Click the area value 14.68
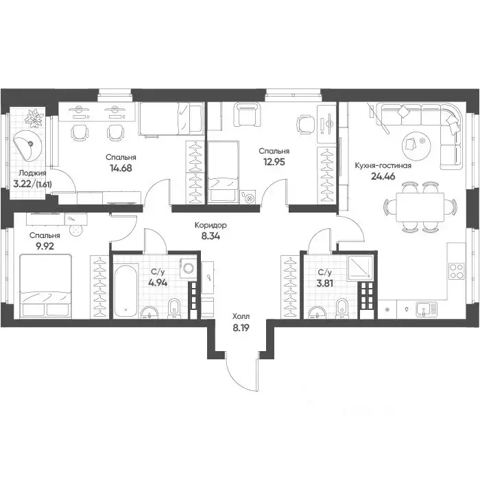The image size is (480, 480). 121,168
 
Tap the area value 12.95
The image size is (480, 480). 274,162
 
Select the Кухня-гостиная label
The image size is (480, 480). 383,166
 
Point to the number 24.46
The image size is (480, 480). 383,176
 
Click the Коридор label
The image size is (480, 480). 211,226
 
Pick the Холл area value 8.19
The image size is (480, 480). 241,328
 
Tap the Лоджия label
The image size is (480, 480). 32,173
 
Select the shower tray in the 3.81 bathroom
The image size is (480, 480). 360,268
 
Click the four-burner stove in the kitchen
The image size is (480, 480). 457,272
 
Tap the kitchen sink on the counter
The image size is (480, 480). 427,309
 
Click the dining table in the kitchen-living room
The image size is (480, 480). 420,207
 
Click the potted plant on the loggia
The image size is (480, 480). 34,119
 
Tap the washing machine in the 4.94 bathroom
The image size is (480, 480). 188,269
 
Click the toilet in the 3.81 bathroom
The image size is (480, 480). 341,309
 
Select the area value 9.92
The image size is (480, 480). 45,246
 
